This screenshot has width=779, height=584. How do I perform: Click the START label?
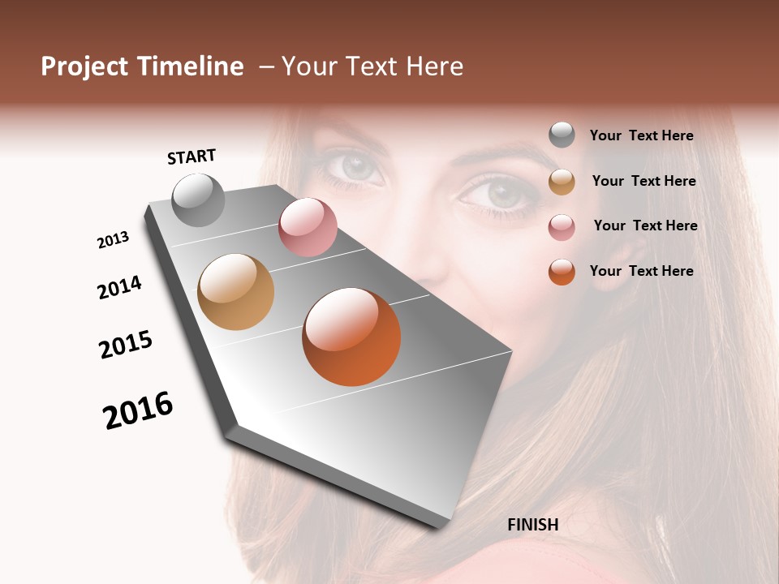[192, 157]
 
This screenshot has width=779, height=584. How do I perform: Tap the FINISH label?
[533, 525]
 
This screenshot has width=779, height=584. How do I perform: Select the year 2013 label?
[114, 240]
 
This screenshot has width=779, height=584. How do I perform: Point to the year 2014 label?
[119, 287]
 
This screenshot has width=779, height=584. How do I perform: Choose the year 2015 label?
[126, 345]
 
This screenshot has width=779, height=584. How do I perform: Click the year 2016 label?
[138, 410]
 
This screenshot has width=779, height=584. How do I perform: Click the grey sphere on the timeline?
[198, 200]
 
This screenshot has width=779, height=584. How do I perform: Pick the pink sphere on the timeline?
[308, 227]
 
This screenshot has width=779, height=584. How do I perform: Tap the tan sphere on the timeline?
[236, 292]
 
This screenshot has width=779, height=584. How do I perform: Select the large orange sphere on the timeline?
[351, 337]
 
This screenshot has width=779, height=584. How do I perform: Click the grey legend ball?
[562, 135]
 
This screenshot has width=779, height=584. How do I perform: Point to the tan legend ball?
[562, 181]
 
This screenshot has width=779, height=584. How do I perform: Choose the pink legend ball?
[562, 226]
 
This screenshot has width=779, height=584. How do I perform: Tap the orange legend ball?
[562, 272]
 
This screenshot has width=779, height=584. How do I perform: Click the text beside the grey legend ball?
[641, 135]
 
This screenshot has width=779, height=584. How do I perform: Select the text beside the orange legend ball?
[641, 271]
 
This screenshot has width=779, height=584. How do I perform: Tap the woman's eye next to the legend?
[497, 194]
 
